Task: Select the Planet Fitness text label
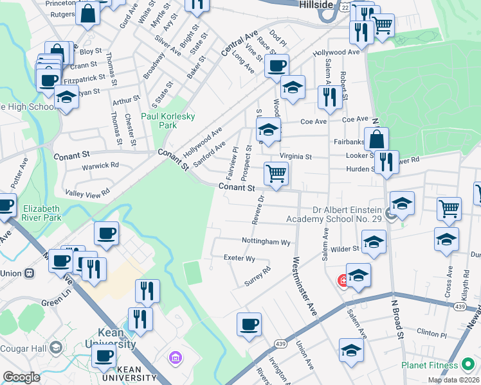point(430,366)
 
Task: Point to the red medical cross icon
point(343,281)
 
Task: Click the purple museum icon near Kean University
point(173,357)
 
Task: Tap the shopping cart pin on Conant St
point(276,173)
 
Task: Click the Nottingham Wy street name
point(266,242)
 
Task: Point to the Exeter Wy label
point(239,258)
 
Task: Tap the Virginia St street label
point(295,156)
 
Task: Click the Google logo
point(21,377)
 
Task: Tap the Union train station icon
point(29,273)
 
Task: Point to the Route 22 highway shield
point(345,5)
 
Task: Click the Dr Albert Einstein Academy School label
point(348,214)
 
